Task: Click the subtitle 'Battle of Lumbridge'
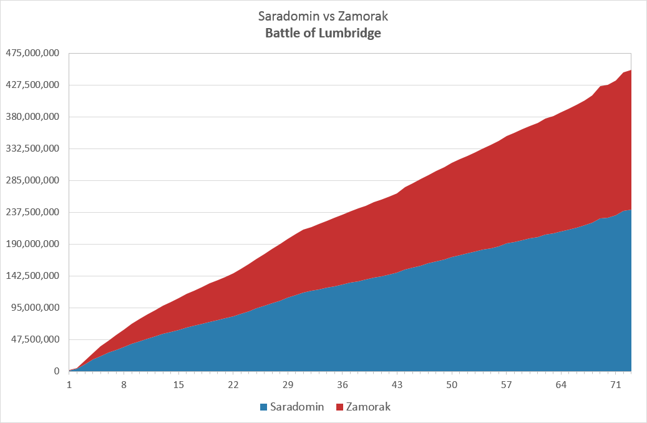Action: [x=323, y=33]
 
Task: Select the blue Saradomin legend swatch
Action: [x=263, y=407]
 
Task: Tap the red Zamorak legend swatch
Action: [x=339, y=407]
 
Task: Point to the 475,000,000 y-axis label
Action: [x=32, y=53]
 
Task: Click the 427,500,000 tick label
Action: [x=32, y=85]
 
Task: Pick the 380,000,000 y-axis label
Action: [x=32, y=117]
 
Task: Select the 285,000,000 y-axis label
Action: [x=32, y=180]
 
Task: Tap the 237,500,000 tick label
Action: [x=32, y=212]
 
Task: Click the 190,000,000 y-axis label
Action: [x=32, y=244]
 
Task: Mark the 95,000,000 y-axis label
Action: [x=35, y=308]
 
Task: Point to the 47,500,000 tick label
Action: [x=35, y=339]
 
